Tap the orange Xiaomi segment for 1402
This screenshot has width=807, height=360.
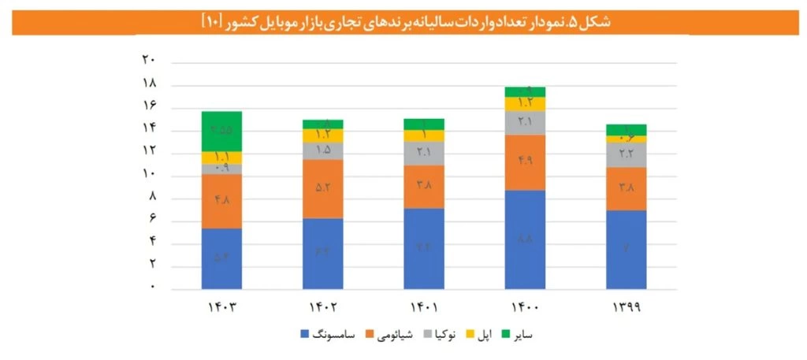[322, 188]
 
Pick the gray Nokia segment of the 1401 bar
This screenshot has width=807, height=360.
[423, 153]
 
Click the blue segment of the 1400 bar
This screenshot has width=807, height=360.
[525, 239]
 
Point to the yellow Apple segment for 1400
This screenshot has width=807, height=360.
[525, 103]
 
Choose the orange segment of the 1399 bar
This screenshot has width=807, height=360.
[626, 188]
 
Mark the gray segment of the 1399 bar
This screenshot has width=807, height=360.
[626, 154]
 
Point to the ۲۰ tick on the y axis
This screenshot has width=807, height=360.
[148, 60]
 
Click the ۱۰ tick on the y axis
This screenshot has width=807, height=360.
[148, 174]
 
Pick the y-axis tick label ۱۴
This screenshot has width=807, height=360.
[148, 128]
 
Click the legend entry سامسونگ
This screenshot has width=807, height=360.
[329, 335]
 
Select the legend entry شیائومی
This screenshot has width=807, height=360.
[389, 335]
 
